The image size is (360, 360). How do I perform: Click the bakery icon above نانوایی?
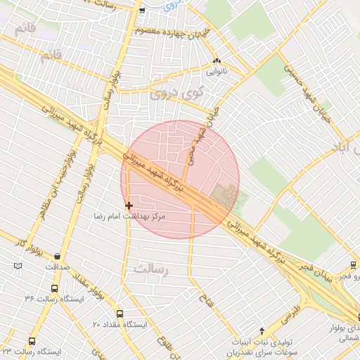pos(217,62)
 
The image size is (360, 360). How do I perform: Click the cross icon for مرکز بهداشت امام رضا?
pos(129,205)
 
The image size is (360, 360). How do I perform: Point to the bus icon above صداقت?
pos(57,256)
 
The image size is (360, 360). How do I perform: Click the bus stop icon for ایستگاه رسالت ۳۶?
pos(55,288)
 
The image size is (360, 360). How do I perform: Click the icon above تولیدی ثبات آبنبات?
pos(262,330)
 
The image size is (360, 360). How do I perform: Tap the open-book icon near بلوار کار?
pos(18,266)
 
